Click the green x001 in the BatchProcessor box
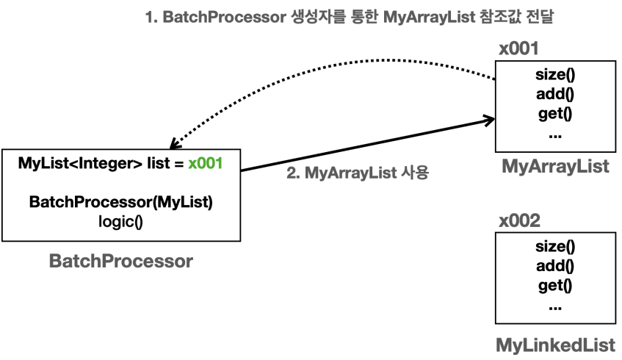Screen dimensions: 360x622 coord(205,164)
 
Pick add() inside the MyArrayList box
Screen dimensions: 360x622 coord(555,95)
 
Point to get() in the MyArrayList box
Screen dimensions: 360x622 coord(555,114)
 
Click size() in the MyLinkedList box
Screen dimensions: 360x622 coord(555,247)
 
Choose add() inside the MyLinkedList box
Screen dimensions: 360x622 coord(555,266)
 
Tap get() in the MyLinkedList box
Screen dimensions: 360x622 coord(555,285)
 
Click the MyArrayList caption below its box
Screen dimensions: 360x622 coord(555,167)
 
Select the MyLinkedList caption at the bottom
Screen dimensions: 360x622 coord(555,344)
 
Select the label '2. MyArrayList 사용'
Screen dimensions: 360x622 coord(356,175)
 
